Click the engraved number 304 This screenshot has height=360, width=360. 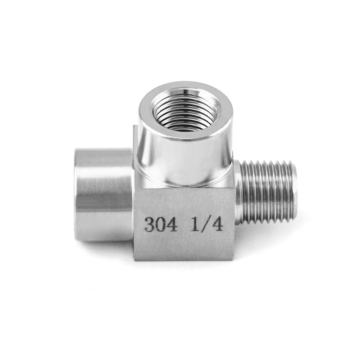[x=161, y=224]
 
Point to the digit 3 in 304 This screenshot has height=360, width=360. [x=148, y=224]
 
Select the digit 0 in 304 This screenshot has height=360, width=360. [x=161, y=224]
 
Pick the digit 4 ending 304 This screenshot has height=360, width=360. [x=173, y=224]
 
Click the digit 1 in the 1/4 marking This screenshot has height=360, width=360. [x=195, y=224]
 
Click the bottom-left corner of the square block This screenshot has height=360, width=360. [x=135, y=259]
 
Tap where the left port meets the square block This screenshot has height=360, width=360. [x=133, y=198]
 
